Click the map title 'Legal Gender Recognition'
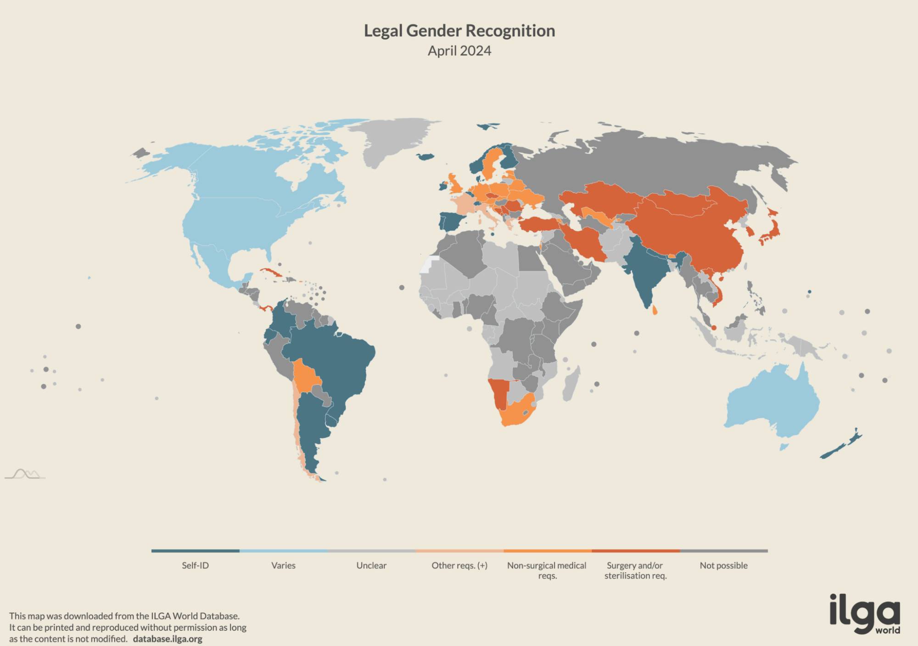[x=459, y=31]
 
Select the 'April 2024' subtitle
[x=459, y=50]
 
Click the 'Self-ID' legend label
[x=195, y=565]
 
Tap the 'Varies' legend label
[x=283, y=565]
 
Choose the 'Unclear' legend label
[x=371, y=565]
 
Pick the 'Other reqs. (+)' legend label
[x=459, y=565]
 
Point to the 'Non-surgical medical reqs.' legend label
[x=547, y=570]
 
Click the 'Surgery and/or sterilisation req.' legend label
[x=635, y=570]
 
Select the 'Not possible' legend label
[x=723, y=565]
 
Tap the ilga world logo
[x=865, y=614]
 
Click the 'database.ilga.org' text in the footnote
[x=168, y=639]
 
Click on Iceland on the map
[x=425, y=156]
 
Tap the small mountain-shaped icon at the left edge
[x=25, y=474]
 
